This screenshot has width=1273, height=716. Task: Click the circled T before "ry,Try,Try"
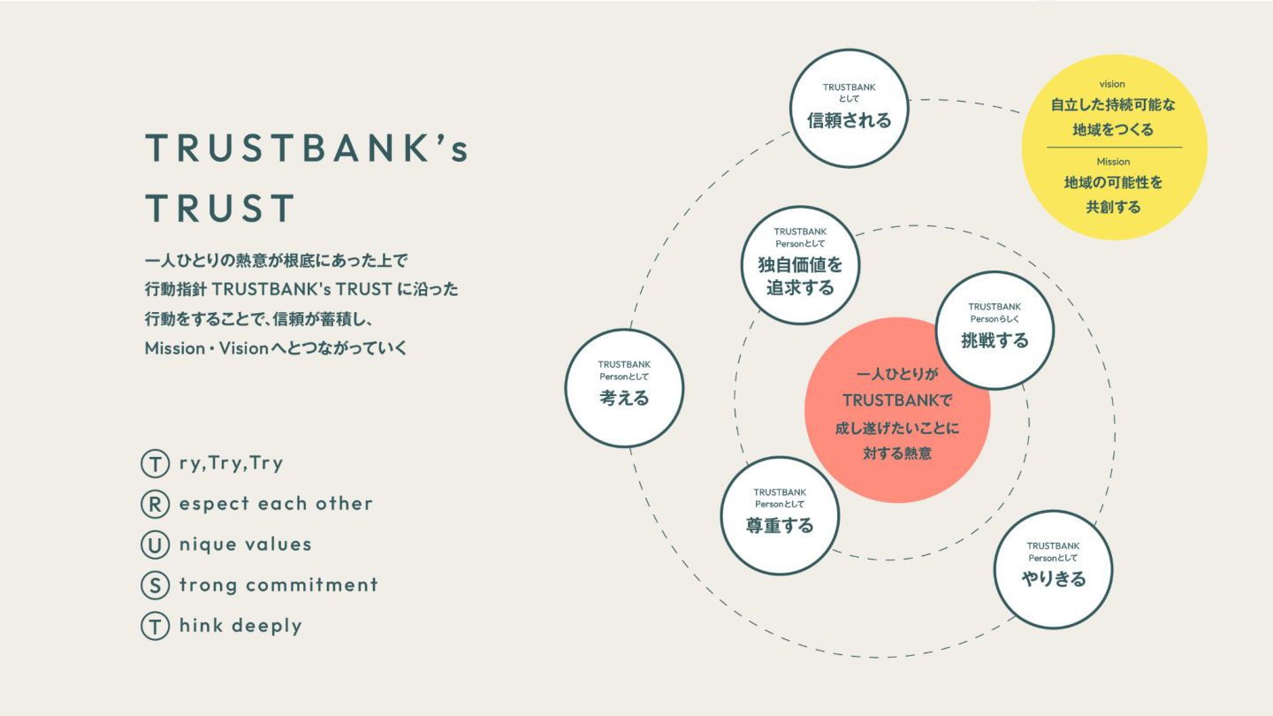pos(155,463)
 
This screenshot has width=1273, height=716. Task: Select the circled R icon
pos(155,504)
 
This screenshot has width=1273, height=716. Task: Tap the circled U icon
pos(155,545)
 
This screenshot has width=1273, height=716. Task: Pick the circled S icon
pos(155,585)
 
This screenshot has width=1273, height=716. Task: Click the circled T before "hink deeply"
pos(155,626)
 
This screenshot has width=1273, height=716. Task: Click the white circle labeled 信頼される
pos(849,108)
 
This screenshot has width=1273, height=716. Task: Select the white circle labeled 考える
pos(624,387)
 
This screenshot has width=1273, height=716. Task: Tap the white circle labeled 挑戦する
pos(995,330)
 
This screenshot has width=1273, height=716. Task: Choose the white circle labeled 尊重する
pos(780,514)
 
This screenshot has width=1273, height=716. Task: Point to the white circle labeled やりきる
pos(1053,569)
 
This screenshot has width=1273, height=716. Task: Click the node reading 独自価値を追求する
pos(800,265)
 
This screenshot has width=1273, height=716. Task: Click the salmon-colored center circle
pos(897,410)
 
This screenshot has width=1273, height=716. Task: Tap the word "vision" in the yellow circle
pos(1112,84)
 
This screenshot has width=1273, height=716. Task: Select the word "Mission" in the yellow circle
pos(1113,162)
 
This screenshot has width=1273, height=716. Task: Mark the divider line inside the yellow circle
pos(1114,147)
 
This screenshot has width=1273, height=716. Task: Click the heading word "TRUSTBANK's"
pos(307,149)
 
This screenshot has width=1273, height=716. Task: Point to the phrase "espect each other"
pos(276,504)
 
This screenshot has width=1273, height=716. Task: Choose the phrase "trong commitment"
pos(278,585)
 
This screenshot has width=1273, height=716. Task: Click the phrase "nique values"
pos(245,545)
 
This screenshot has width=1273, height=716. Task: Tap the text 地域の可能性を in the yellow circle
pos(1113,184)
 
